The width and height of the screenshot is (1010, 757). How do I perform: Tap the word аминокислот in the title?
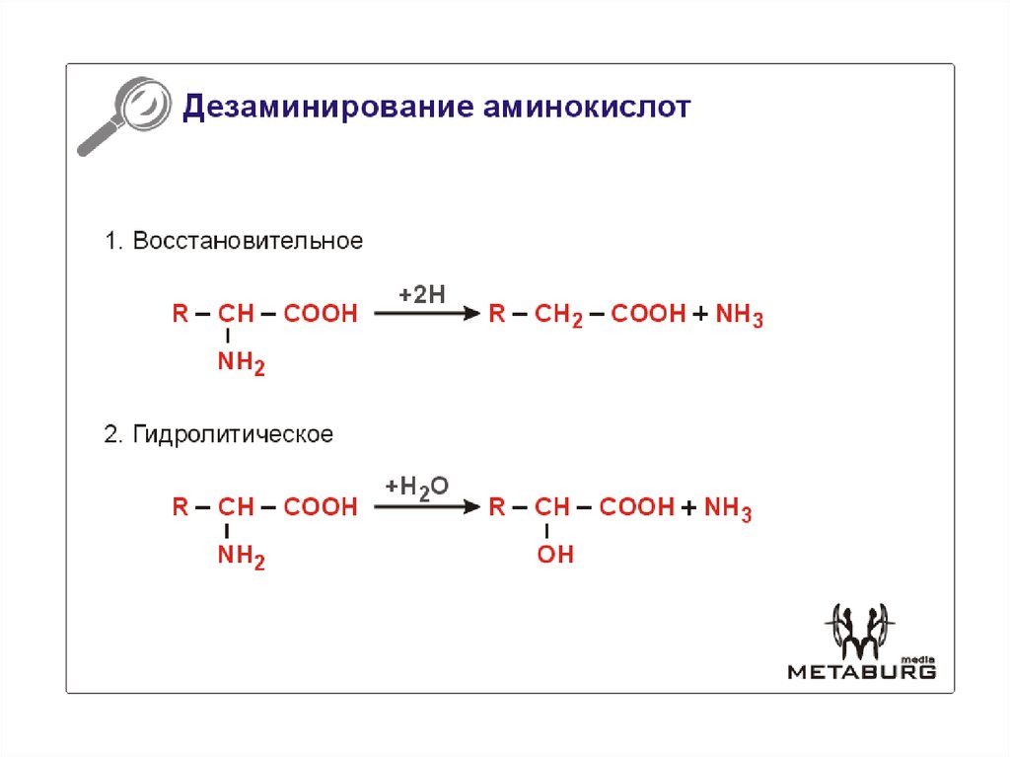tap(587, 107)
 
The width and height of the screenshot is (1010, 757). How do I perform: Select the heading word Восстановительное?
tap(248, 241)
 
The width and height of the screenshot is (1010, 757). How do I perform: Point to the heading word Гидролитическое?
tap(233, 434)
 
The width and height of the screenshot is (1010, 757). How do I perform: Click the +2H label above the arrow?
tap(422, 295)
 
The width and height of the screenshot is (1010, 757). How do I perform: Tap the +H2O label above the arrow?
tap(417, 488)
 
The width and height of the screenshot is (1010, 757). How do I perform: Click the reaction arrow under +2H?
tap(427, 314)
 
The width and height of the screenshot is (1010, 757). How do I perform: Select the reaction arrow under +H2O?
tap(427, 507)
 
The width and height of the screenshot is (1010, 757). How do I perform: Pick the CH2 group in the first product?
tap(558, 315)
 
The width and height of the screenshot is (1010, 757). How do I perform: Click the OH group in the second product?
tap(555, 554)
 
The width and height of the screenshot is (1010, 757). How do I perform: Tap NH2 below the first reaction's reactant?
tap(242, 362)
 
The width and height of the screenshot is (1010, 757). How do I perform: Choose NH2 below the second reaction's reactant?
tap(242, 556)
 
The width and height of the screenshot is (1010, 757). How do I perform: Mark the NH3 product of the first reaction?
tap(740, 315)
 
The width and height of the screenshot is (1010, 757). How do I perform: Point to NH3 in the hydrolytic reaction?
tap(728, 508)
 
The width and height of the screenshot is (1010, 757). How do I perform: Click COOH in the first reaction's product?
tap(648, 314)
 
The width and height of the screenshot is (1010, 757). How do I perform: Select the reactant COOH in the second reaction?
tap(321, 507)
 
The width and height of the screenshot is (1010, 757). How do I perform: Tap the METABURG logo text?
tap(862, 672)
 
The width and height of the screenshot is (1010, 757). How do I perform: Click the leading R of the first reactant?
tap(180, 314)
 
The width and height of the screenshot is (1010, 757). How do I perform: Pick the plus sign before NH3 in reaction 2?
tap(688, 507)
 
